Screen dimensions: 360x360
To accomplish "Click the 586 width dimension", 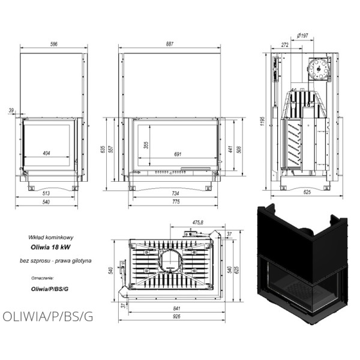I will (55, 44).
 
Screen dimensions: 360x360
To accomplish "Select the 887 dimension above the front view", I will (169, 44).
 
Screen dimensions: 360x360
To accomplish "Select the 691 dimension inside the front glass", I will (178, 154).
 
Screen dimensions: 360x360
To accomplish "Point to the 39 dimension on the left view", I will (11, 110).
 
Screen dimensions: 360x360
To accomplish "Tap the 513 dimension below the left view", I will (47, 193).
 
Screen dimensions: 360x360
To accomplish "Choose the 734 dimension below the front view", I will (175, 193).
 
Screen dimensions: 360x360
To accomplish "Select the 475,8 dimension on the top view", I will (197, 223).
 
